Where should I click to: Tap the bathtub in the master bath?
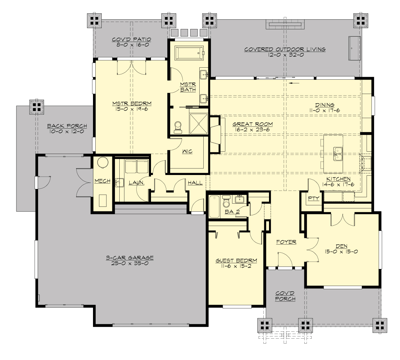pos(189,53)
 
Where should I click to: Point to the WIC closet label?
pos(187,152)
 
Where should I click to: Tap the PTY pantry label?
pos(313,198)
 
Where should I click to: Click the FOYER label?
pos(286,242)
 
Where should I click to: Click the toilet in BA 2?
pos(227,202)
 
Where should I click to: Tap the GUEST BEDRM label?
pos(236,261)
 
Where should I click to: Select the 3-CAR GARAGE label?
pos(130,257)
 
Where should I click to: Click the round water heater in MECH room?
pos(103,162)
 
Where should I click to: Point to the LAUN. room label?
pos(136,183)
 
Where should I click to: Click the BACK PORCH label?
pos(67,126)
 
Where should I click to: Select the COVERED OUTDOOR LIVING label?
pos(285,49)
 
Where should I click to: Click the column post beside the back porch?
pos(36,106)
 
